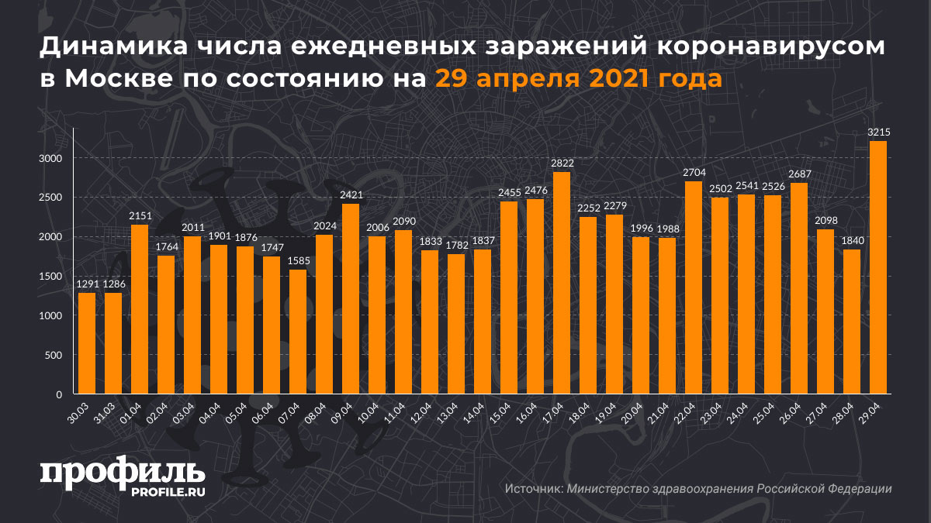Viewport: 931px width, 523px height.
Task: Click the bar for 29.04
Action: (x=878, y=267)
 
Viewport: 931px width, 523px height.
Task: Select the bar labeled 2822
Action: (x=562, y=283)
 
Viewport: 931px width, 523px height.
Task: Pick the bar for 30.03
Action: (x=87, y=343)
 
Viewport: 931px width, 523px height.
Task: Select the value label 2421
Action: (x=351, y=196)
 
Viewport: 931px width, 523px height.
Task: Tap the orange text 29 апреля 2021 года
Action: (x=578, y=77)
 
